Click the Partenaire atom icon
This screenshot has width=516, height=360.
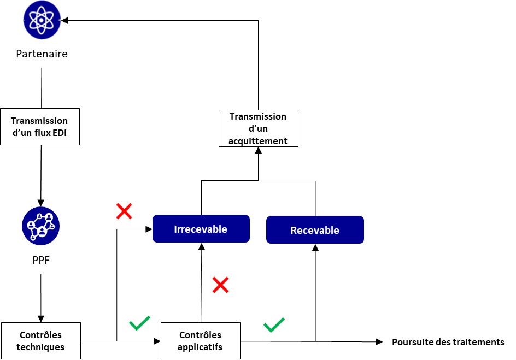click(x=42, y=20)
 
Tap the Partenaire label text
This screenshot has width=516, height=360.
click(x=42, y=54)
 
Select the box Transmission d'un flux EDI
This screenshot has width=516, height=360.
click(x=40, y=127)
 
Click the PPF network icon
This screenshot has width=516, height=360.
click(x=41, y=226)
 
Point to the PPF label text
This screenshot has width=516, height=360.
click(x=41, y=261)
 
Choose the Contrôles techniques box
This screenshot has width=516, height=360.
click(x=41, y=340)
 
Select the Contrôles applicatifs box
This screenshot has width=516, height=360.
click(x=201, y=340)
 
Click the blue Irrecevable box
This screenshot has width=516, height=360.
click(x=201, y=229)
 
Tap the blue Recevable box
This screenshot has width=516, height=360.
click(x=315, y=230)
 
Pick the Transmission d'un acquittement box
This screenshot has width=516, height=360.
click(x=259, y=128)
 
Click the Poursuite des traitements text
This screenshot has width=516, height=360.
click(x=448, y=343)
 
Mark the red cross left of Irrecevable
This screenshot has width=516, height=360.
click(x=124, y=211)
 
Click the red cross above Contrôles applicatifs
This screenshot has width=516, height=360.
click(x=220, y=285)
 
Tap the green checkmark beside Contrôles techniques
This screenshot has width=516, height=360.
click(x=139, y=323)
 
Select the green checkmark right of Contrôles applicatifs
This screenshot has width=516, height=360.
click(x=274, y=325)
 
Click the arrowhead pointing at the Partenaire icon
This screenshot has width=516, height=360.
click(x=64, y=20)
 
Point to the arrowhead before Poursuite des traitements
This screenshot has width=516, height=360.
click(x=379, y=342)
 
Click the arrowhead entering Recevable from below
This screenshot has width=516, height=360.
click(x=315, y=247)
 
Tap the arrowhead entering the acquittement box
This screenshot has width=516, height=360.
click(x=259, y=150)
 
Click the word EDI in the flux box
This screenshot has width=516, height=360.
click(x=60, y=133)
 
